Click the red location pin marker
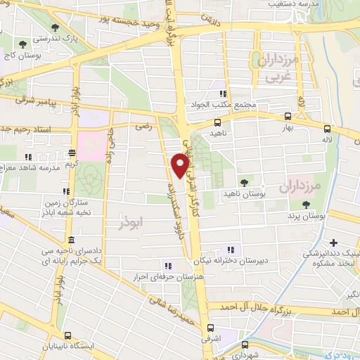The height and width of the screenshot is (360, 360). [x=180, y=165]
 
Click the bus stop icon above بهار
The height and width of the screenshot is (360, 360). [x=288, y=117]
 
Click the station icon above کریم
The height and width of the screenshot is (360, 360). [x=72, y=153]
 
